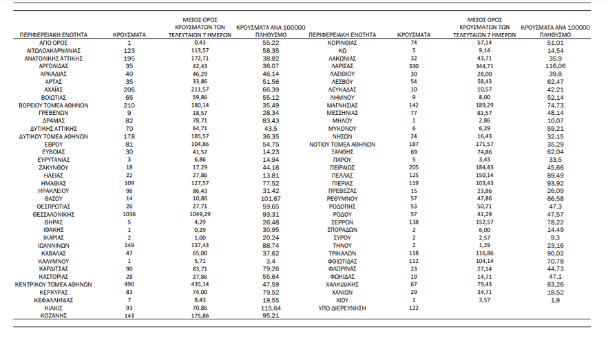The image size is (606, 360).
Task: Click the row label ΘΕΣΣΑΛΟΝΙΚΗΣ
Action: pyautogui.click(x=54, y=214)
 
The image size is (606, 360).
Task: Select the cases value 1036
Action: pyautogui.click(x=129, y=214)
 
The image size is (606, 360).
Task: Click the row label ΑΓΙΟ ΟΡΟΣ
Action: pyautogui.click(x=54, y=43)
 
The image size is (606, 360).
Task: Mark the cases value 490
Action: pyautogui.click(x=129, y=284)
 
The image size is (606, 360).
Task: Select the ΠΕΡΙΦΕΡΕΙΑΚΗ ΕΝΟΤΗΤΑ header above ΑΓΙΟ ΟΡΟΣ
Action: pyautogui.click(x=54, y=33)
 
